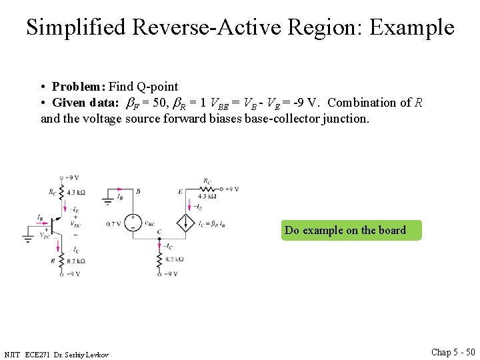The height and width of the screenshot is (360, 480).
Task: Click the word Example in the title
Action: coord(411,27)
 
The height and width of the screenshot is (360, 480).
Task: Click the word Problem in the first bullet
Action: coord(78,86)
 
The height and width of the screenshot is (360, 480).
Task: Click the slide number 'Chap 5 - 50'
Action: coord(453,351)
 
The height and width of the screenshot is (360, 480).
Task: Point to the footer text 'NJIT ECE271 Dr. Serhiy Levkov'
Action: coord(56,354)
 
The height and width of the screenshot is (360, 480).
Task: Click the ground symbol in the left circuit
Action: coord(29,235)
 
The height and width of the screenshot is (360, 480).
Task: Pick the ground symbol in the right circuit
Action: coord(108,200)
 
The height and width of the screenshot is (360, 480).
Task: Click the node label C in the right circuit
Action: coord(159,231)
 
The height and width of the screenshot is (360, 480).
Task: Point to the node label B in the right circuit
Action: coord(138,191)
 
